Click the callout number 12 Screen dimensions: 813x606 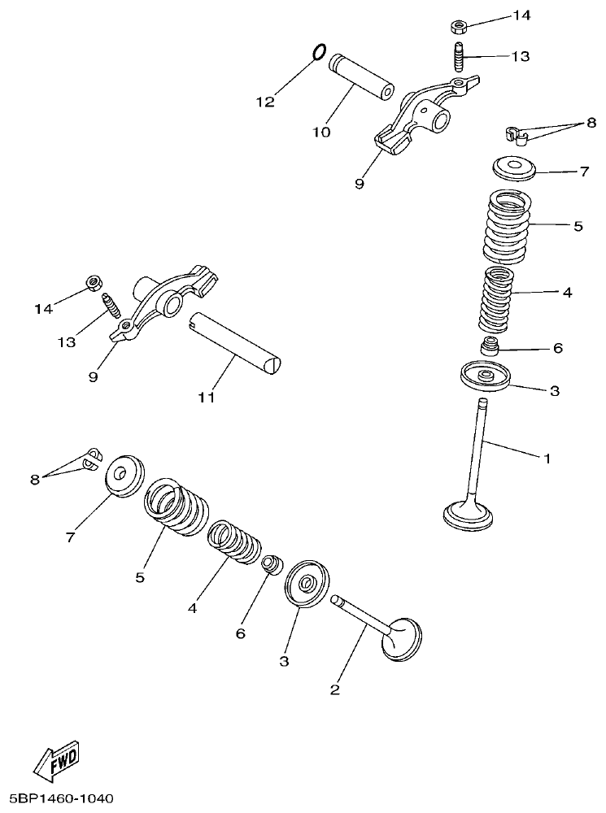pyautogui.click(x=266, y=102)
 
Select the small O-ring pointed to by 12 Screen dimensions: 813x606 pyautogui.click(x=320, y=52)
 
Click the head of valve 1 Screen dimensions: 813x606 pyautogui.click(x=468, y=515)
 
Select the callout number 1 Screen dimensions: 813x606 pyautogui.click(x=547, y=459)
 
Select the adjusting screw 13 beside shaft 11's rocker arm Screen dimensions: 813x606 pyautogui.click(x=111, y=310)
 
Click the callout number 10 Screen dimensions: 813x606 pyautogui.click(x=322, y=132)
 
